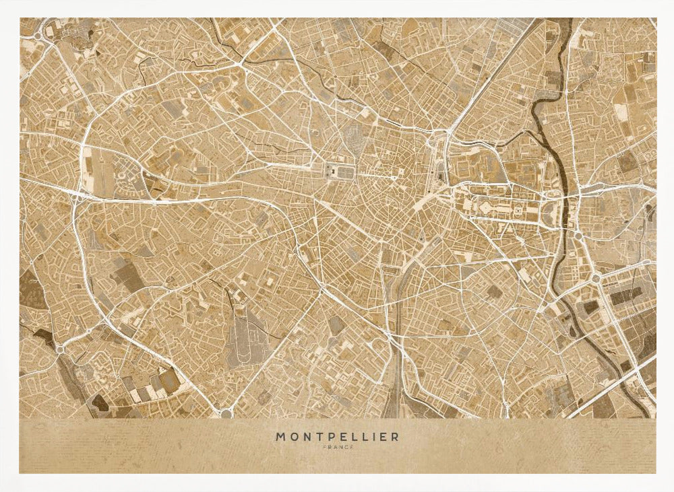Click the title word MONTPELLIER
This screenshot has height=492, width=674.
click(x=337, y=437)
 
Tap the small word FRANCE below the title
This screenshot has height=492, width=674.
click(x=337, y=447)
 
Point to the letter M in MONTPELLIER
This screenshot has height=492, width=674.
click(x=280, y=437)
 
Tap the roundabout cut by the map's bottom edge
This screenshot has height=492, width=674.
click(x=226, y=413)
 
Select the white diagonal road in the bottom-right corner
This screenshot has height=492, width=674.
click(x=613, y=390)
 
